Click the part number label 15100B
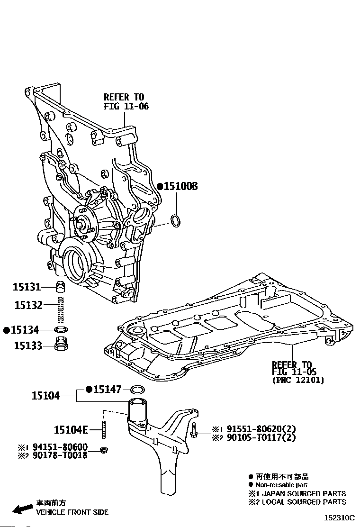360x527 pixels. point(180,187)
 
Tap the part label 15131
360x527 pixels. point(27,287)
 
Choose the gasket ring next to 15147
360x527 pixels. point(138,390)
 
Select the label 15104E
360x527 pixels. point(71,430)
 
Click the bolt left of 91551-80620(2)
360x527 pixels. point(194,432)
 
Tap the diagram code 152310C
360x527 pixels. point(339,518)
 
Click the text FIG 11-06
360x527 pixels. point(126,107)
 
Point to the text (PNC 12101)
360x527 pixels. point(298,380)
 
